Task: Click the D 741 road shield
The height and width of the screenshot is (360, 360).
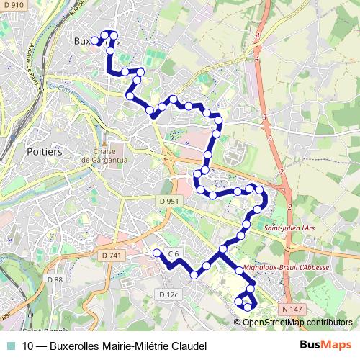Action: click(x=112, y=256)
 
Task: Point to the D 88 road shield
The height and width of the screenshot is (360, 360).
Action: click(x=55, y=279)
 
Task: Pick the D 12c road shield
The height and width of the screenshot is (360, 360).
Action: click(x=167, y=294)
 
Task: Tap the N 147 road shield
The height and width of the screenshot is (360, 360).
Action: click(x=292, y=309)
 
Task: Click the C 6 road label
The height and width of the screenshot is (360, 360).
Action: click(x=173, y=253)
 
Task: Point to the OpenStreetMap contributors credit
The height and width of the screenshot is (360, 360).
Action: click(x=297, y=322)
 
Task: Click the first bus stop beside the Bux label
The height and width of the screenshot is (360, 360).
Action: click(x=95, y=40)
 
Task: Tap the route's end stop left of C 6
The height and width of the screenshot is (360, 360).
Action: click(x=156, y=252)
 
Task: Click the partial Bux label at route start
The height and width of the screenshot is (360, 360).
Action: click(x=83, y=41)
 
